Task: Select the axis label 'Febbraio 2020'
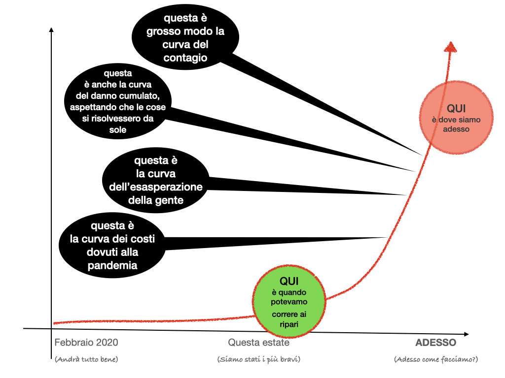pos(86,343)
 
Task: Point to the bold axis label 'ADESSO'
pos(435,343)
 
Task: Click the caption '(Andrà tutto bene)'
pos(86,359)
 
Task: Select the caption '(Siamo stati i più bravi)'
pos(258,359)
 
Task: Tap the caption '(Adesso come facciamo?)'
pos(436,359)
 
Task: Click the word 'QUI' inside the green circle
pos(290,281)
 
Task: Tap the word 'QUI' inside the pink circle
pos(456,109)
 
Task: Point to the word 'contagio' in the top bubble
pos(185,58)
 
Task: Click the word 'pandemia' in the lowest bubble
pos(112,266)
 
